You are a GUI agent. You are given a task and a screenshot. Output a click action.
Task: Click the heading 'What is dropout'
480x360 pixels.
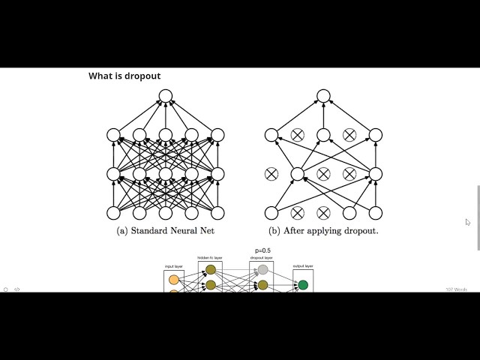[124, 76]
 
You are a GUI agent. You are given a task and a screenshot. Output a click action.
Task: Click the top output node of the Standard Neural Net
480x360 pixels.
[165, 96]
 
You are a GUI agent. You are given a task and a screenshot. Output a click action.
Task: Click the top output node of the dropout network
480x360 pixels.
[323, 96]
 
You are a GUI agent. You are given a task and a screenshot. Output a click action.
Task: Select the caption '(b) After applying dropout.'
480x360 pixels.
[323, 231]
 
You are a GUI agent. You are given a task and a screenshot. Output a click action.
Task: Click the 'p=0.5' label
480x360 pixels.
[262, 251]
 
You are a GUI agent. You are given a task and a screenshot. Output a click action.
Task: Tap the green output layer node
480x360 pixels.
[303, 285]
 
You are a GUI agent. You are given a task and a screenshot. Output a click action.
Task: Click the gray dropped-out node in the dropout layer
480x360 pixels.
[262, 270]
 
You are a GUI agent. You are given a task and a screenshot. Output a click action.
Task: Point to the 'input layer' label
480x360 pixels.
[174, 266]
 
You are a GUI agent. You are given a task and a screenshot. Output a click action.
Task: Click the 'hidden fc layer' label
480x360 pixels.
[211, 258]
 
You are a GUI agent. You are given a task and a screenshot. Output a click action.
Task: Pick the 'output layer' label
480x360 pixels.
[303, 265]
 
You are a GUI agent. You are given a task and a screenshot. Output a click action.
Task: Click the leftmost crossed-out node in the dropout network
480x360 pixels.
[271, 174]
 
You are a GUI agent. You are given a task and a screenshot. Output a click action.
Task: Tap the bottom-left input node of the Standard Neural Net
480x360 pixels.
[114, 212]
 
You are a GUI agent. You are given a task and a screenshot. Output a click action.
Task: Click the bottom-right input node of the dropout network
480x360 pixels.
[375, 212]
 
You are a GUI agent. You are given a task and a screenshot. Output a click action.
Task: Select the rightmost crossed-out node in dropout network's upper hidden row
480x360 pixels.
[349, 135]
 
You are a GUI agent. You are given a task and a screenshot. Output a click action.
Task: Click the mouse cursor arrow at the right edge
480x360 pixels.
[468, 222]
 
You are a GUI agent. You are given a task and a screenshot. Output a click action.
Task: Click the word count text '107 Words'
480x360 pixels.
[456, 289]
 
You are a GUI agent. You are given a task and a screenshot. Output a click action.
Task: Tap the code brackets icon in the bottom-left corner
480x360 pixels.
[17, 289]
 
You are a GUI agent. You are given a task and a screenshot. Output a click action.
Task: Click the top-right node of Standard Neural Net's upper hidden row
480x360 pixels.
[217, 135]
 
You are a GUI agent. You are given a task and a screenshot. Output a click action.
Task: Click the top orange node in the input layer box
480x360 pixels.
[174, 280]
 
